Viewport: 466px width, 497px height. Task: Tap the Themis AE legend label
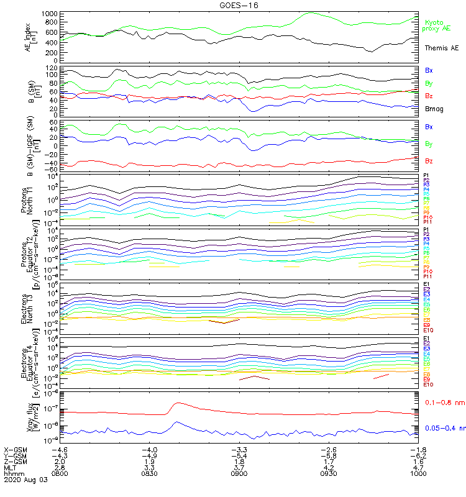point(441,48)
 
